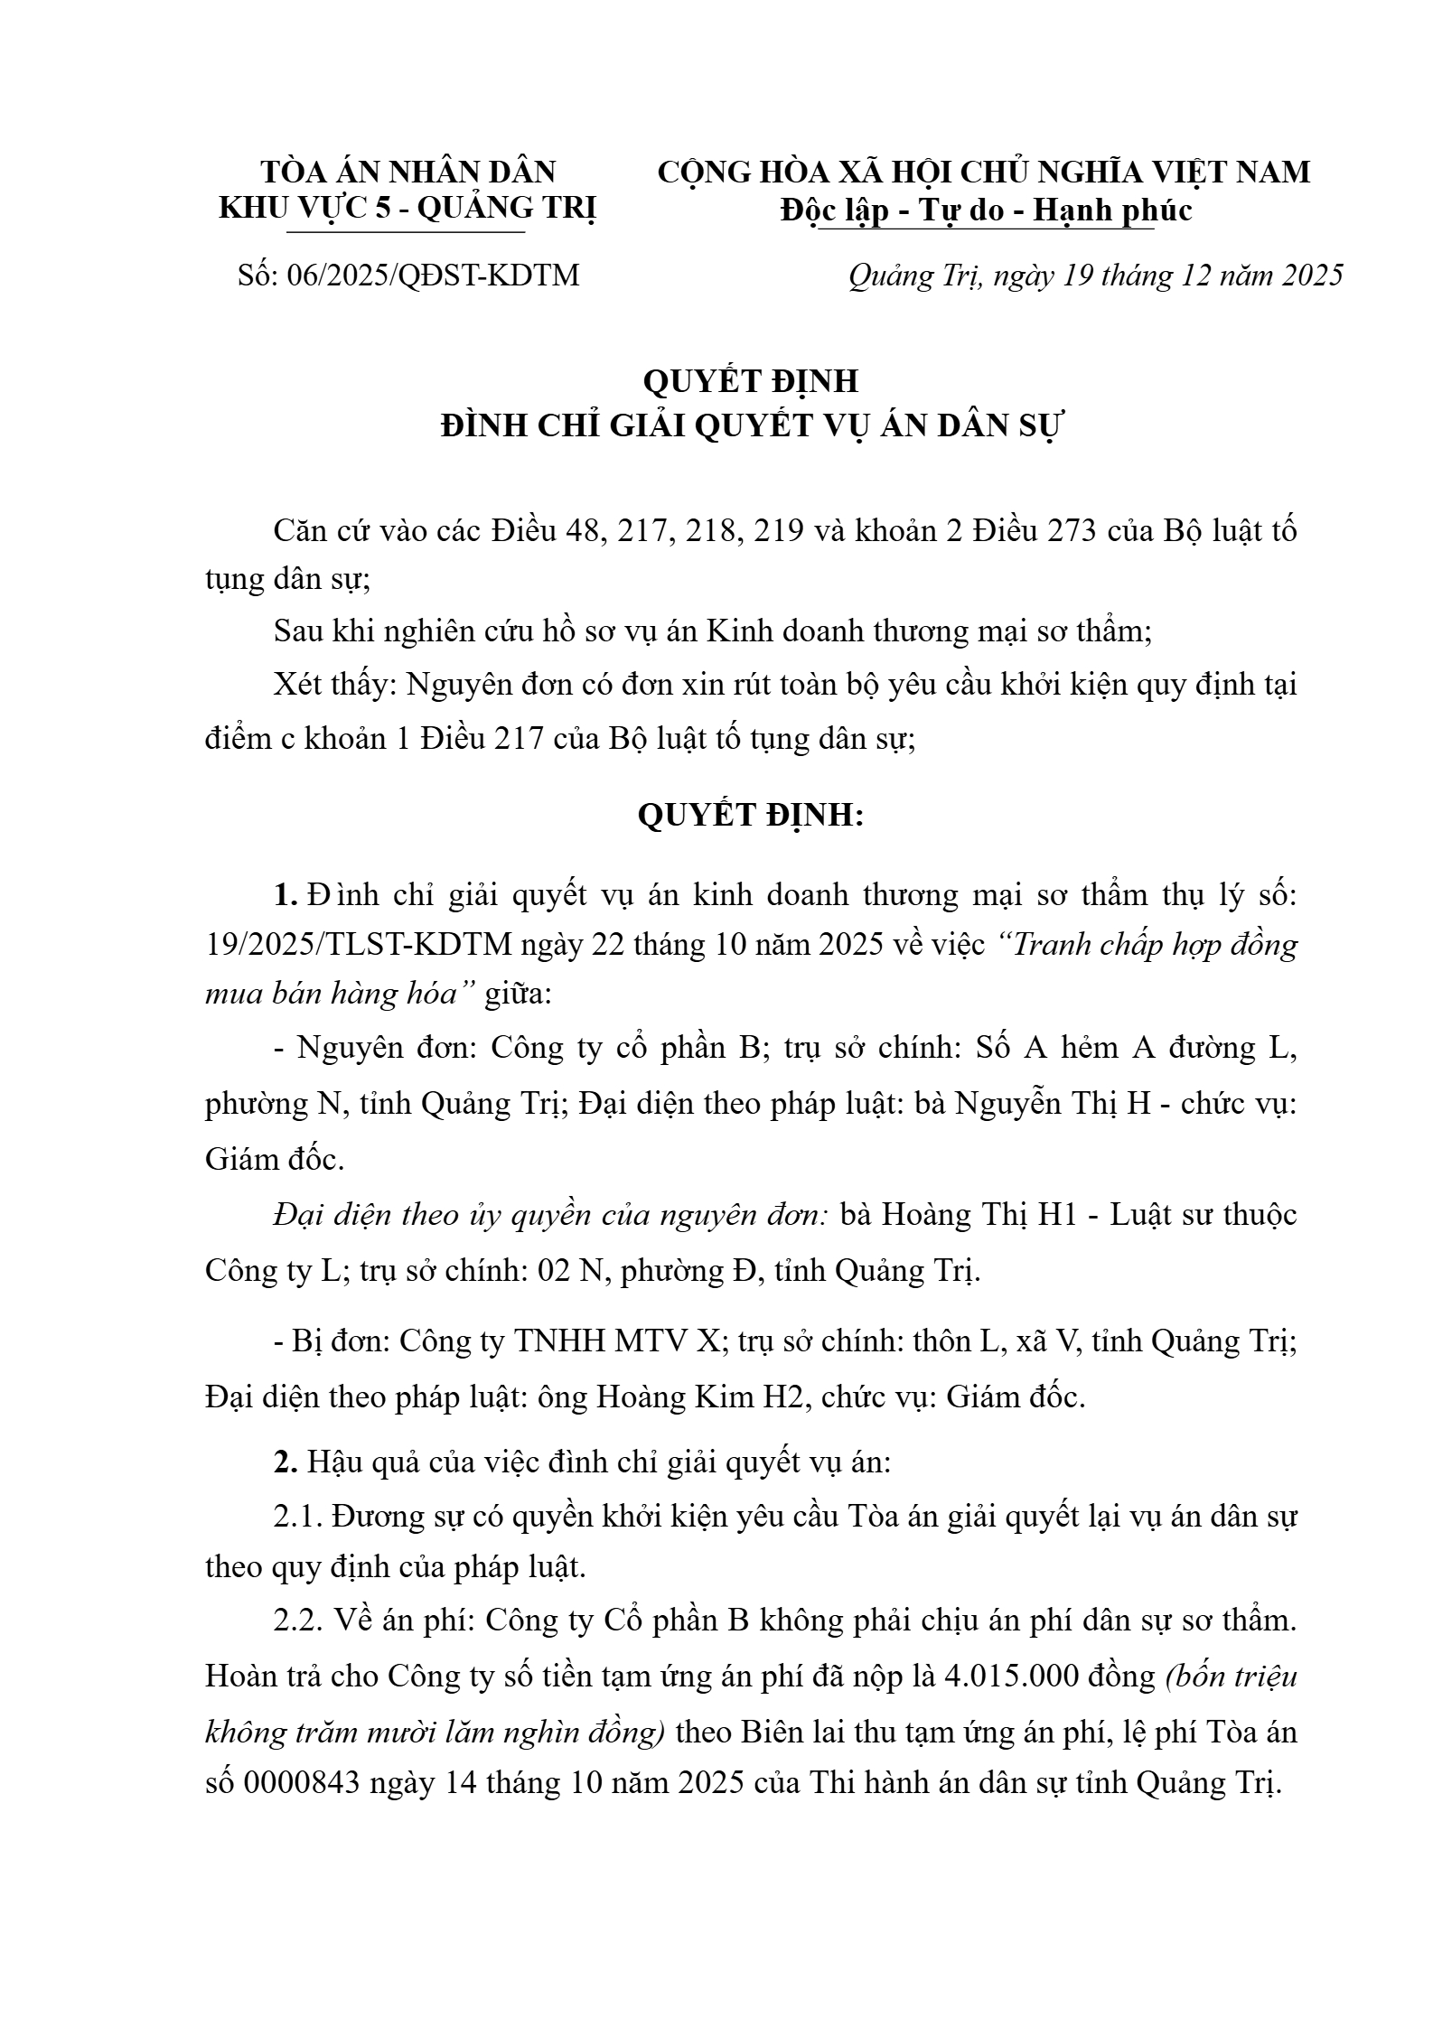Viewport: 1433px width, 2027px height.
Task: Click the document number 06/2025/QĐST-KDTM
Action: click(433, 276)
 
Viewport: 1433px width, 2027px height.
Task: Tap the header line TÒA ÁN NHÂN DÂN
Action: click(407, 172)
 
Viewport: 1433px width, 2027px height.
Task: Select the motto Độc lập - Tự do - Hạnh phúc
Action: click(987, 210)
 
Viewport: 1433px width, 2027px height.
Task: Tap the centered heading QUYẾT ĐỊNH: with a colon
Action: click(751, 816)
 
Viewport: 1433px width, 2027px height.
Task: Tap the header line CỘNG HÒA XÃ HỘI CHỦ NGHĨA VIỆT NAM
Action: click(983, 172)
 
